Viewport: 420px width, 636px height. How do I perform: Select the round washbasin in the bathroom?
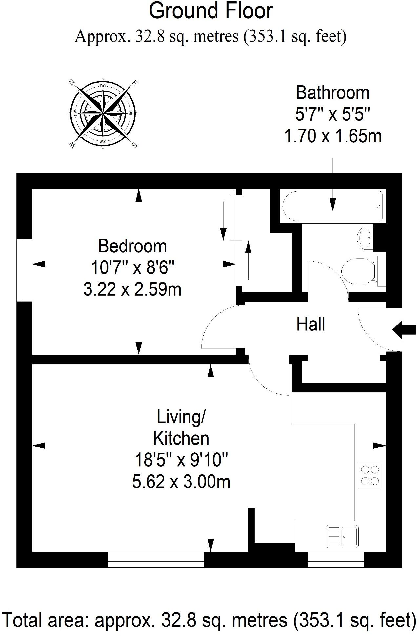coord(365,237)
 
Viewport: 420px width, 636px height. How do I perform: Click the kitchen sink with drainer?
coord(342,536)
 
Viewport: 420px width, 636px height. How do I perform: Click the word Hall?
coord(310,324)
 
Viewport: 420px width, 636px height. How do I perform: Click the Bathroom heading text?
coord(332,93)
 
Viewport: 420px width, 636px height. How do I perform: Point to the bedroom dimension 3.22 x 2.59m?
coord(132,289)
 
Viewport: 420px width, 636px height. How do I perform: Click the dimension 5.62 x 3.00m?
coord(181,482)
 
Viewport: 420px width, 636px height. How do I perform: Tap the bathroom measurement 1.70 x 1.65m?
coord(333,136)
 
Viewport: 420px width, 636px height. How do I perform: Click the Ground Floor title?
coord(211,11)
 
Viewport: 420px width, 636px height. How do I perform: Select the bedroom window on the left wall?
coord(25,270)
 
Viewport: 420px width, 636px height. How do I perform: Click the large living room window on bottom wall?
coord(156,564)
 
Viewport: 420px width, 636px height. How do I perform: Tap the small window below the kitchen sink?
coord(336,564)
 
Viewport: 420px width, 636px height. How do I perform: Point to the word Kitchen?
coord(181,438)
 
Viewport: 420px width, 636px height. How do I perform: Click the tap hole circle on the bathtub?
coord(378,206)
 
